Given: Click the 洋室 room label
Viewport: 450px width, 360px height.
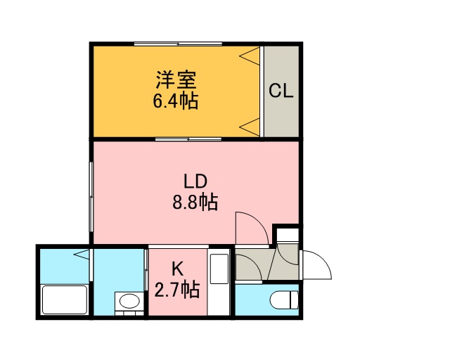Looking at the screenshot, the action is click(176, 80).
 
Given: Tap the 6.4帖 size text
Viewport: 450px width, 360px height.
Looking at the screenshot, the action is click(175, 101).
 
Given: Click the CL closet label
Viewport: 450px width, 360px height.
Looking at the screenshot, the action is click(281, 91).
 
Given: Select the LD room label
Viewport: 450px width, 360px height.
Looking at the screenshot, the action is click(195, 181).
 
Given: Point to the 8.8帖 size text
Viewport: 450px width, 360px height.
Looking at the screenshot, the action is click(195, 202).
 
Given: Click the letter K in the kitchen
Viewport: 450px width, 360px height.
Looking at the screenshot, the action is click(177, 269).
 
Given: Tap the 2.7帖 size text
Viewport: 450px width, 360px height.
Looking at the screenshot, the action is click(177, 290).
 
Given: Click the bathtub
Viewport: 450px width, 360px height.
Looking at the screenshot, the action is click(65, 300).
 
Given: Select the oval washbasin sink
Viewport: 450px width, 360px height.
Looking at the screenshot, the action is click(129, 301).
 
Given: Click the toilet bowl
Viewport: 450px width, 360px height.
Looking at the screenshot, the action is click(284, 300).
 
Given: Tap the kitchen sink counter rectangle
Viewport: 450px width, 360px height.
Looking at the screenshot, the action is click(219, 269).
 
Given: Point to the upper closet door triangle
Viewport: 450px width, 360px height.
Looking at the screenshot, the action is click(250, 56).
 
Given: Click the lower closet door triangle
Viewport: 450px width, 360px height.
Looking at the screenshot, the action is click(250, 127).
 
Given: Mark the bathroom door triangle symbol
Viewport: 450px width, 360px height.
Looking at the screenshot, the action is click(82, 255).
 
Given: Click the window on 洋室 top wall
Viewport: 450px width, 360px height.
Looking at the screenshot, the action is click(178, 44).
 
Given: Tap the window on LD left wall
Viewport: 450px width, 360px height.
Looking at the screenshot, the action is click(91, 197).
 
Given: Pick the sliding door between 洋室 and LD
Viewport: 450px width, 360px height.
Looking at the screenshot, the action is click(188, 139).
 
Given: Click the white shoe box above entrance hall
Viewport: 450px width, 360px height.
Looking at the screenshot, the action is click(288, 235).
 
